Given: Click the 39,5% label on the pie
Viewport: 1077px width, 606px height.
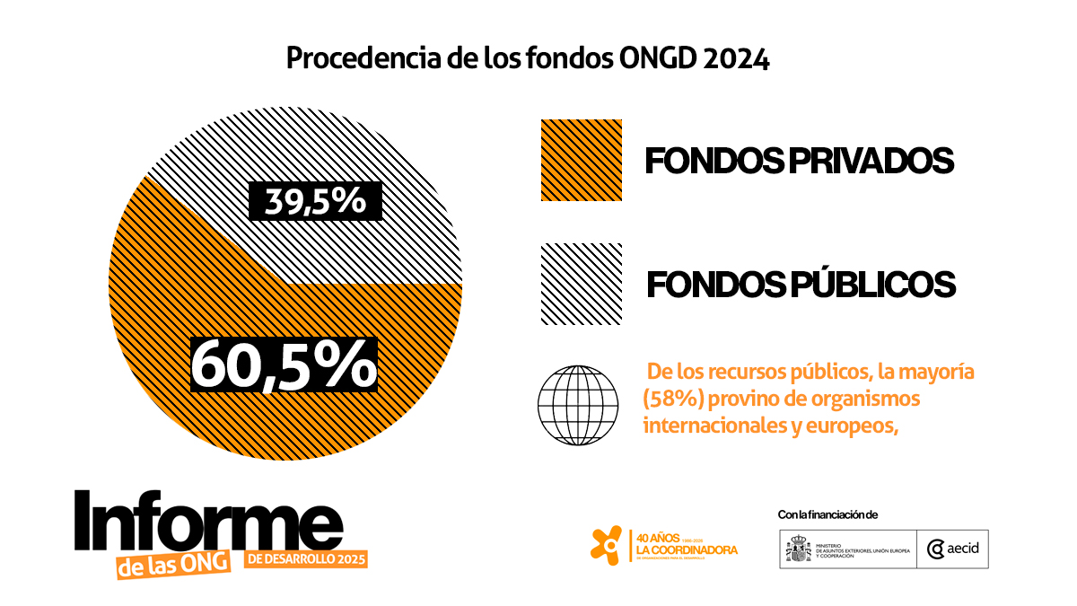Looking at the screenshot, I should pyautogui.click(x=316, y=201).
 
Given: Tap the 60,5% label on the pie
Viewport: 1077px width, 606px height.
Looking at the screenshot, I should pyautogui.click(x=284, y=364).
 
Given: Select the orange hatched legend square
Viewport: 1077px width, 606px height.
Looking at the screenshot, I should pyautogui.click(x=581, y=160).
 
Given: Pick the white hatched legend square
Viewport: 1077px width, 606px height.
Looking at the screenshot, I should pyautogui.click(x=581, y=284).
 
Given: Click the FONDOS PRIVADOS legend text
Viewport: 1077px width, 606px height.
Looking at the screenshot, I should pyautogui.click(x=799, y=161).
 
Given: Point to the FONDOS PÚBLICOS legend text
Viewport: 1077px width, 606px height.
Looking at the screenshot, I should pyautogui.click(x=801, y=285).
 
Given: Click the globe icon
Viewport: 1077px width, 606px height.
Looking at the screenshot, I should pyautogui.click(x=578, y=402).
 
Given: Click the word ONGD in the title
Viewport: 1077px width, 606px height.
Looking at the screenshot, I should pyautogui.click(x=658, y=58).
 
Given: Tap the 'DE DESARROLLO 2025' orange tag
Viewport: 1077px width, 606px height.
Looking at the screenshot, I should pyautogui.click(x=306, y=559).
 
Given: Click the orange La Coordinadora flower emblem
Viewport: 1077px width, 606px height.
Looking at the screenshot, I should pyautogui.click(x=607, y=544).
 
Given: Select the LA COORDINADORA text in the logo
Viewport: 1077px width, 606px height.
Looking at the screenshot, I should pyautogui.click(x=687, y=549).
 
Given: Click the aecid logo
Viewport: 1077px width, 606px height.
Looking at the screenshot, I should pyautogui.click(x=953, y=549).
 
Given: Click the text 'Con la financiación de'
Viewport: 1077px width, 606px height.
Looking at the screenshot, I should pyautogui.click(x=827, y=514).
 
